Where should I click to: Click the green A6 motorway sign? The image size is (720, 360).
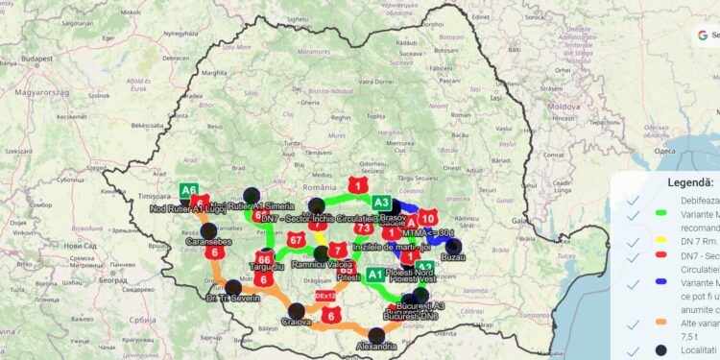[x=189, y=190]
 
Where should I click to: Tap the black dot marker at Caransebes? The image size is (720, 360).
[x=208, y=230]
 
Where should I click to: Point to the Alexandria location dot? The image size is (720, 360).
[x=376, y=335]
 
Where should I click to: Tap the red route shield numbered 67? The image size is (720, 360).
[x=296, y=239]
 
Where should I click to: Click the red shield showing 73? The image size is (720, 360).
[x=363, y=228]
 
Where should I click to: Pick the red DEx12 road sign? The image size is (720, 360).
[x=325, y=296]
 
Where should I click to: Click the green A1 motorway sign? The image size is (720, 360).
[x=376, y=275]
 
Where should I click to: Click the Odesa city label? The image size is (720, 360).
[x=661, y=151]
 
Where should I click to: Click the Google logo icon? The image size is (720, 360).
[x=703, y=35]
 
